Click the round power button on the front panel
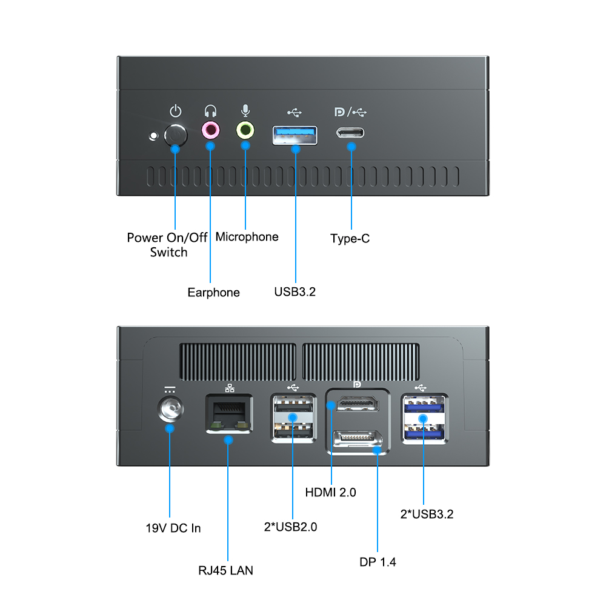tap(176, 135)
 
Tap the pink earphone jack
tap(210, 129)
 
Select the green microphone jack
tap(245, 129)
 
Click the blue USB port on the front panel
tap(295, 135)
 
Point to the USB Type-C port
tap(351, 133)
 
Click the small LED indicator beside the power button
tap(153, 135)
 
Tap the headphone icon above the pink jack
tap(210, 112)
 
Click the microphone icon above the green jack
tap(245, 111)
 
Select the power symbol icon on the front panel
tap(175, 111)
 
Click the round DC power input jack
tap(170, 412)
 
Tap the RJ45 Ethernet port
tap(228, 414)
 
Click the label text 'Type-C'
tap(350, 239)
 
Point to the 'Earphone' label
tap(213, 293)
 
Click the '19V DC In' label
tap(173, 528)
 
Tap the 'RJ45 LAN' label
tap(225, 570)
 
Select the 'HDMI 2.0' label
tap(330, 493)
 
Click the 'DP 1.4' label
tap(378, 562)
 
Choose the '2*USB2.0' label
tap(290, 527)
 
